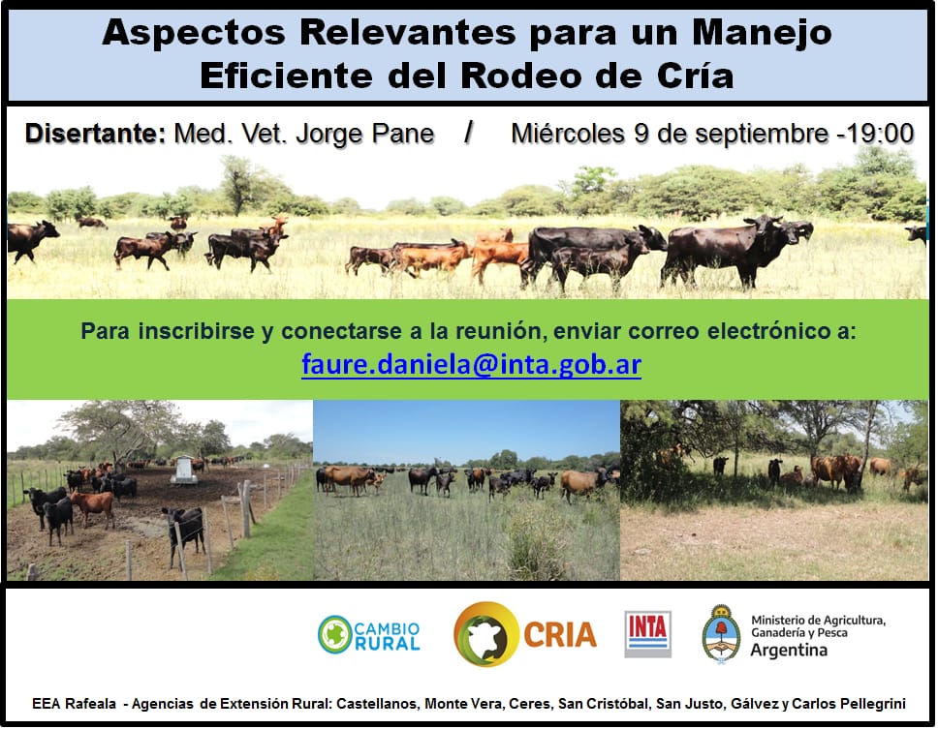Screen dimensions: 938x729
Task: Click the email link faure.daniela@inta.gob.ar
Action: coord(471,364)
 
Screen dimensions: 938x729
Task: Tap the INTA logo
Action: coord(648,634)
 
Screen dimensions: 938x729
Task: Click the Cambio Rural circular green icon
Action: coord(334,634)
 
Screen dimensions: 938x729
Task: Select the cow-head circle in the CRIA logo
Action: coord(486,634)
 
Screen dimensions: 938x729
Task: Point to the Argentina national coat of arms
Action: coord(722,634)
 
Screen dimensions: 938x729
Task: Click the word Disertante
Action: coord(95,134)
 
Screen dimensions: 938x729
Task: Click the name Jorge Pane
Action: coord(365,135)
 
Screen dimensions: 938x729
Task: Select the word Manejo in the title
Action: coord(762,33)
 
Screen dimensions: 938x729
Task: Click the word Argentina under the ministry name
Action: coord(789,651)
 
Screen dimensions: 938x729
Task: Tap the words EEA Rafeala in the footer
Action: coord(75,704)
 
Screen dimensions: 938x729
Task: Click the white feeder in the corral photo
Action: coord(184,470)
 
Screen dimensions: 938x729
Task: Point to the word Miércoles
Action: coord(568,134)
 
